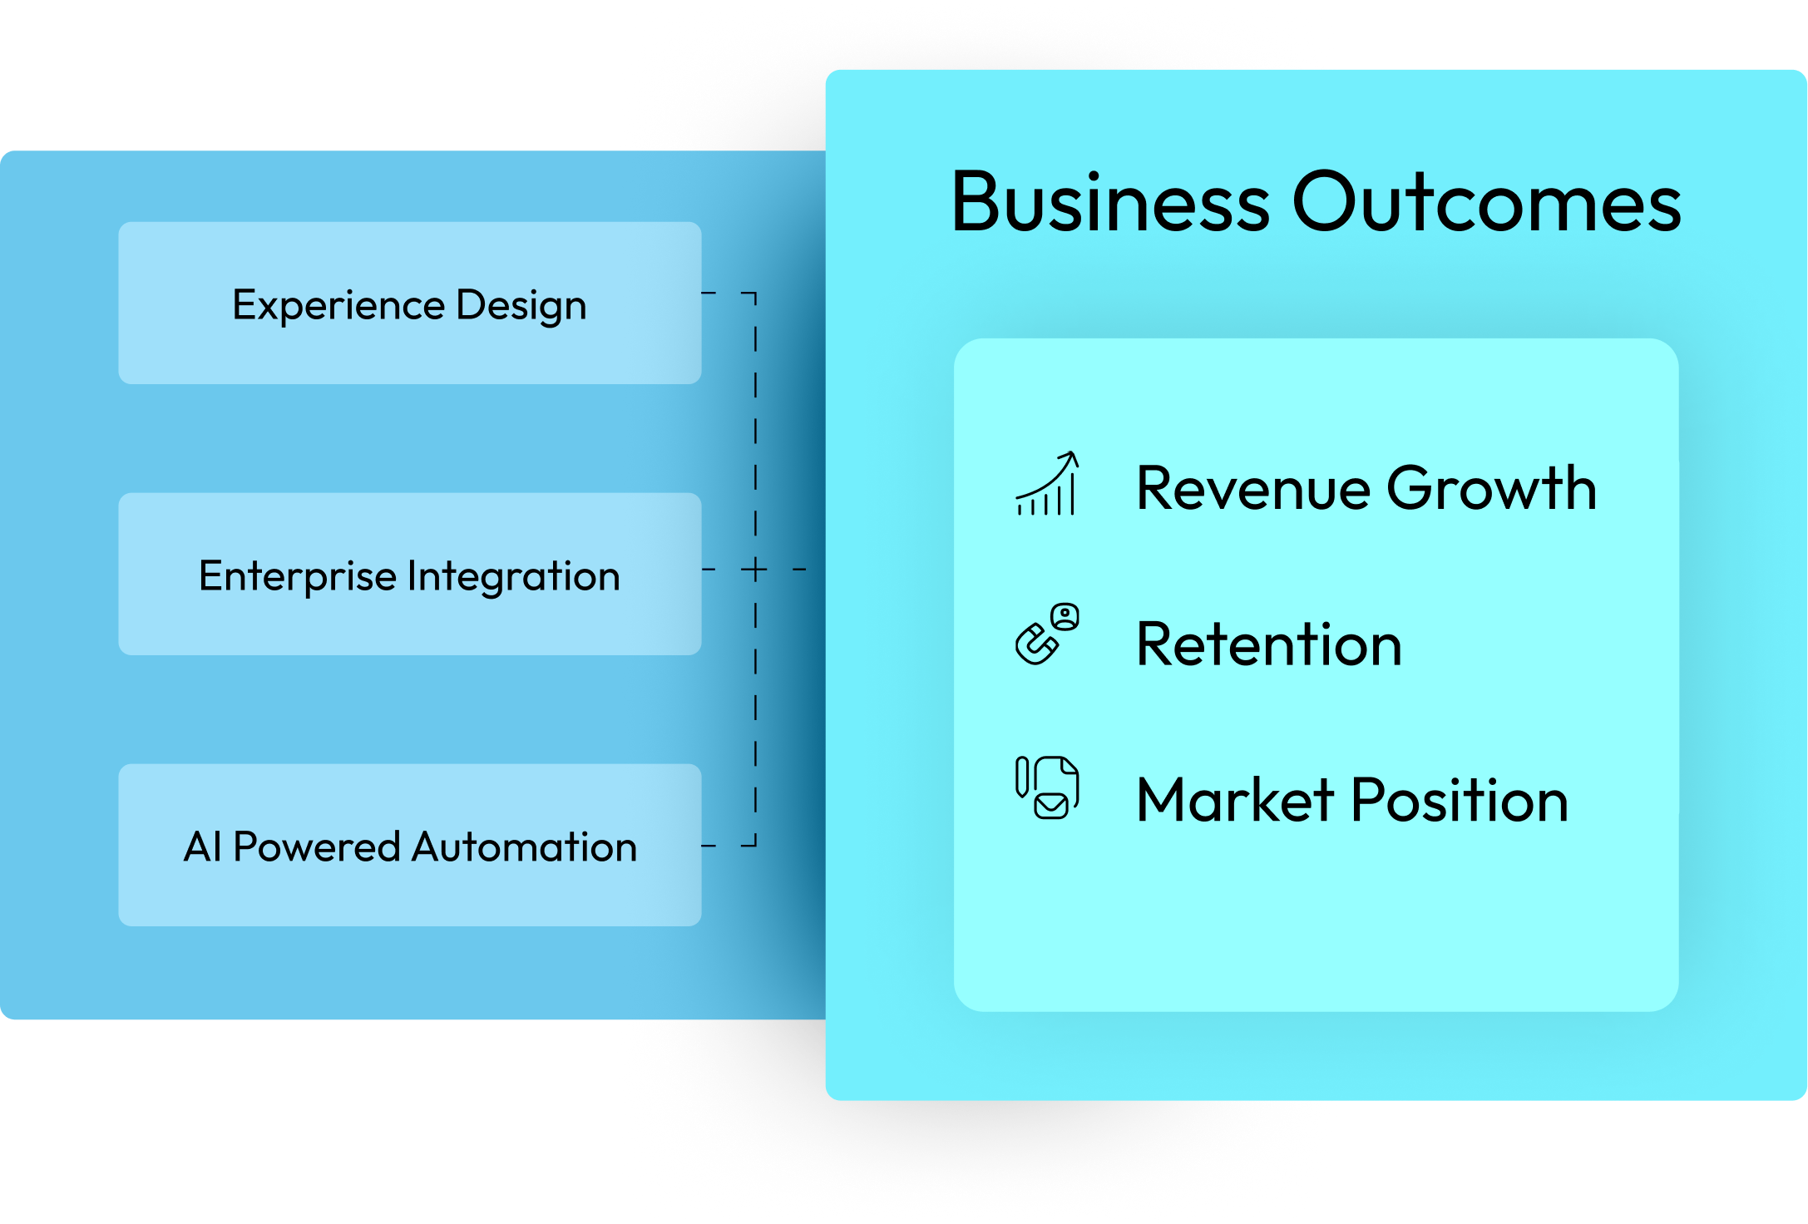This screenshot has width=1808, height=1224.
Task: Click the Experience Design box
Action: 409,303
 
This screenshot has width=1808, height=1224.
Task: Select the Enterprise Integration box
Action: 409,574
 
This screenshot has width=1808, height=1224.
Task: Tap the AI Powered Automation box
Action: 409,845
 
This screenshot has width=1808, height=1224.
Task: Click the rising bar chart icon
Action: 1047,484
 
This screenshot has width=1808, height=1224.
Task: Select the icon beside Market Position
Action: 1047,788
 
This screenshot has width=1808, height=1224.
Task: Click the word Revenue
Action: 1252,488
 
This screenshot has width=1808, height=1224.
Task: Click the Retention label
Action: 1269,644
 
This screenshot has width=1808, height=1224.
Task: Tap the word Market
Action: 1234,800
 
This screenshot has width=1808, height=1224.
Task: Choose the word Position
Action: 1460,800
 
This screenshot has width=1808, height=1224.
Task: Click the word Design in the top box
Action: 521,306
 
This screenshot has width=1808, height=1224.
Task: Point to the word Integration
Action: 513,575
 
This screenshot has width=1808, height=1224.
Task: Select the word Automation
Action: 524,846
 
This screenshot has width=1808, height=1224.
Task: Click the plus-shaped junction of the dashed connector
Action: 755,570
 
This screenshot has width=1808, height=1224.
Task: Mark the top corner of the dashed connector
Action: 754,294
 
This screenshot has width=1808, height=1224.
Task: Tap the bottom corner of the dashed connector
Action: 754,845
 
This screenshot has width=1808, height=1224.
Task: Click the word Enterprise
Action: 298,576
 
